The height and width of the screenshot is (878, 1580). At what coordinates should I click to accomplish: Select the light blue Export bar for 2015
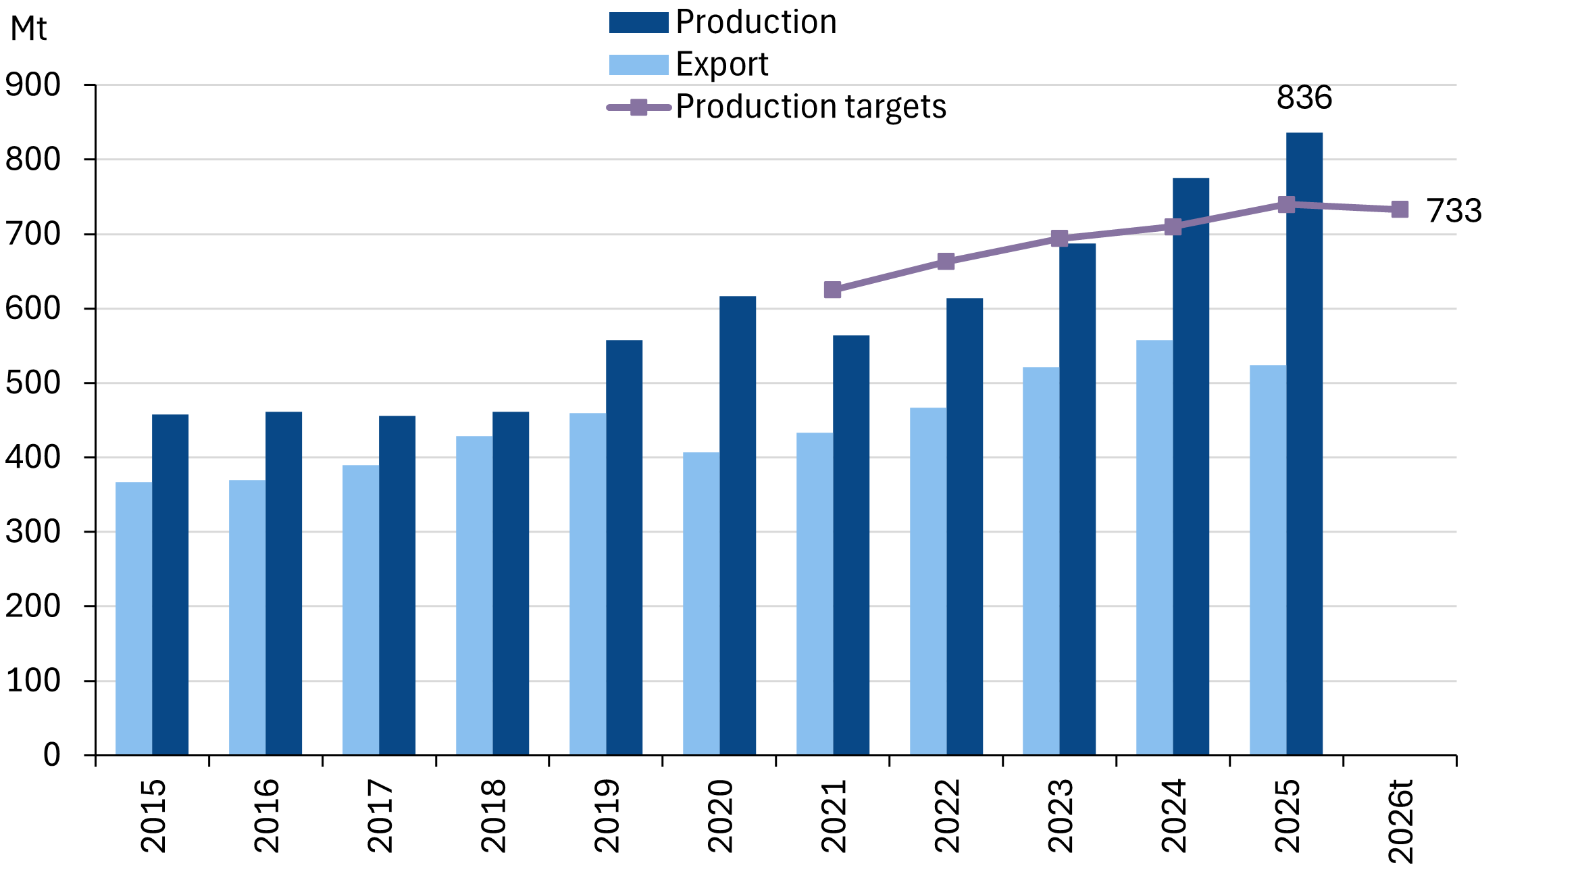[x=134, y=618]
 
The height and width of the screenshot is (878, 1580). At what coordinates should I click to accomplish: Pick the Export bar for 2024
[x=1154, y=547]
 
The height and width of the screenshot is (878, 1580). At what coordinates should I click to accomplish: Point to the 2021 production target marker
[x=832, y=290]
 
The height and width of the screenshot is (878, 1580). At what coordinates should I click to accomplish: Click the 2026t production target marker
[x=1400, y=210]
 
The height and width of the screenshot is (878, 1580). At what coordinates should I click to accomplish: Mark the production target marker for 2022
[x=946, y=262]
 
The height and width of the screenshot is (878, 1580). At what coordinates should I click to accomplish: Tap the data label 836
[x=1304, y=98]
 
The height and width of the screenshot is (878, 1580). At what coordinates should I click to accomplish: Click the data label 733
[x=1454, y=211]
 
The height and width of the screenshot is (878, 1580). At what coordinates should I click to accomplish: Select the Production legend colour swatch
[x=638, y=23]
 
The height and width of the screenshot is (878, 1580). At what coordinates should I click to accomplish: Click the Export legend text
[x=721, y=65]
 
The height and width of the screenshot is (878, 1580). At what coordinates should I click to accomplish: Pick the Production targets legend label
[x=811, y=107]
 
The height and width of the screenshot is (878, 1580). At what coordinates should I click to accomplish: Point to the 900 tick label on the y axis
[x=32, y=85]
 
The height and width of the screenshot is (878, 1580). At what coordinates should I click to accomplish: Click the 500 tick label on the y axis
[x=32, y=383]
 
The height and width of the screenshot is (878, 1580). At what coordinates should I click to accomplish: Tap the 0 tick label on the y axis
[x=51, y=755]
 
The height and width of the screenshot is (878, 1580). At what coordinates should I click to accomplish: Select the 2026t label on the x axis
[x=1400, y=821]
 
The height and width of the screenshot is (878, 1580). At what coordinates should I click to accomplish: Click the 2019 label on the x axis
[x=606, y=816]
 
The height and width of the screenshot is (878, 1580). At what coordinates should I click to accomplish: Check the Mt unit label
[x=28, y=29]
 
